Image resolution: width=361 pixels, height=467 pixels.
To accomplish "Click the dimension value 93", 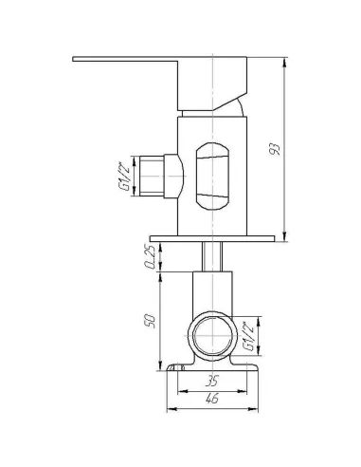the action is coord(275,149).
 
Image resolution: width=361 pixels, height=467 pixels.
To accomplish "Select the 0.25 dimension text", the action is coord(151,256).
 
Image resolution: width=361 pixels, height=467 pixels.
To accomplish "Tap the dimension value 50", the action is coord(151,321).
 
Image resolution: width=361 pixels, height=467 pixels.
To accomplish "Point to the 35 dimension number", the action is coord(211,381).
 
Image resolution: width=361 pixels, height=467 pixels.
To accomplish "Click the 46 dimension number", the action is coord(212,399).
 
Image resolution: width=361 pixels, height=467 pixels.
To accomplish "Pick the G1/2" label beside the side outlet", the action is coord(124,177).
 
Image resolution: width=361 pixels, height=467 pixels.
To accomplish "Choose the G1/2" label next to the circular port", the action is coord(248,336).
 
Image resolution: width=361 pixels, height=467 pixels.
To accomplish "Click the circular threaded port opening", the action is coord(212,336).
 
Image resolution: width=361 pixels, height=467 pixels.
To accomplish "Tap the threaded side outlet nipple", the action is coord(152,176).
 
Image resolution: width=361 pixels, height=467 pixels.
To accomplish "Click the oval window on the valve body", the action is coord(212,177).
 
